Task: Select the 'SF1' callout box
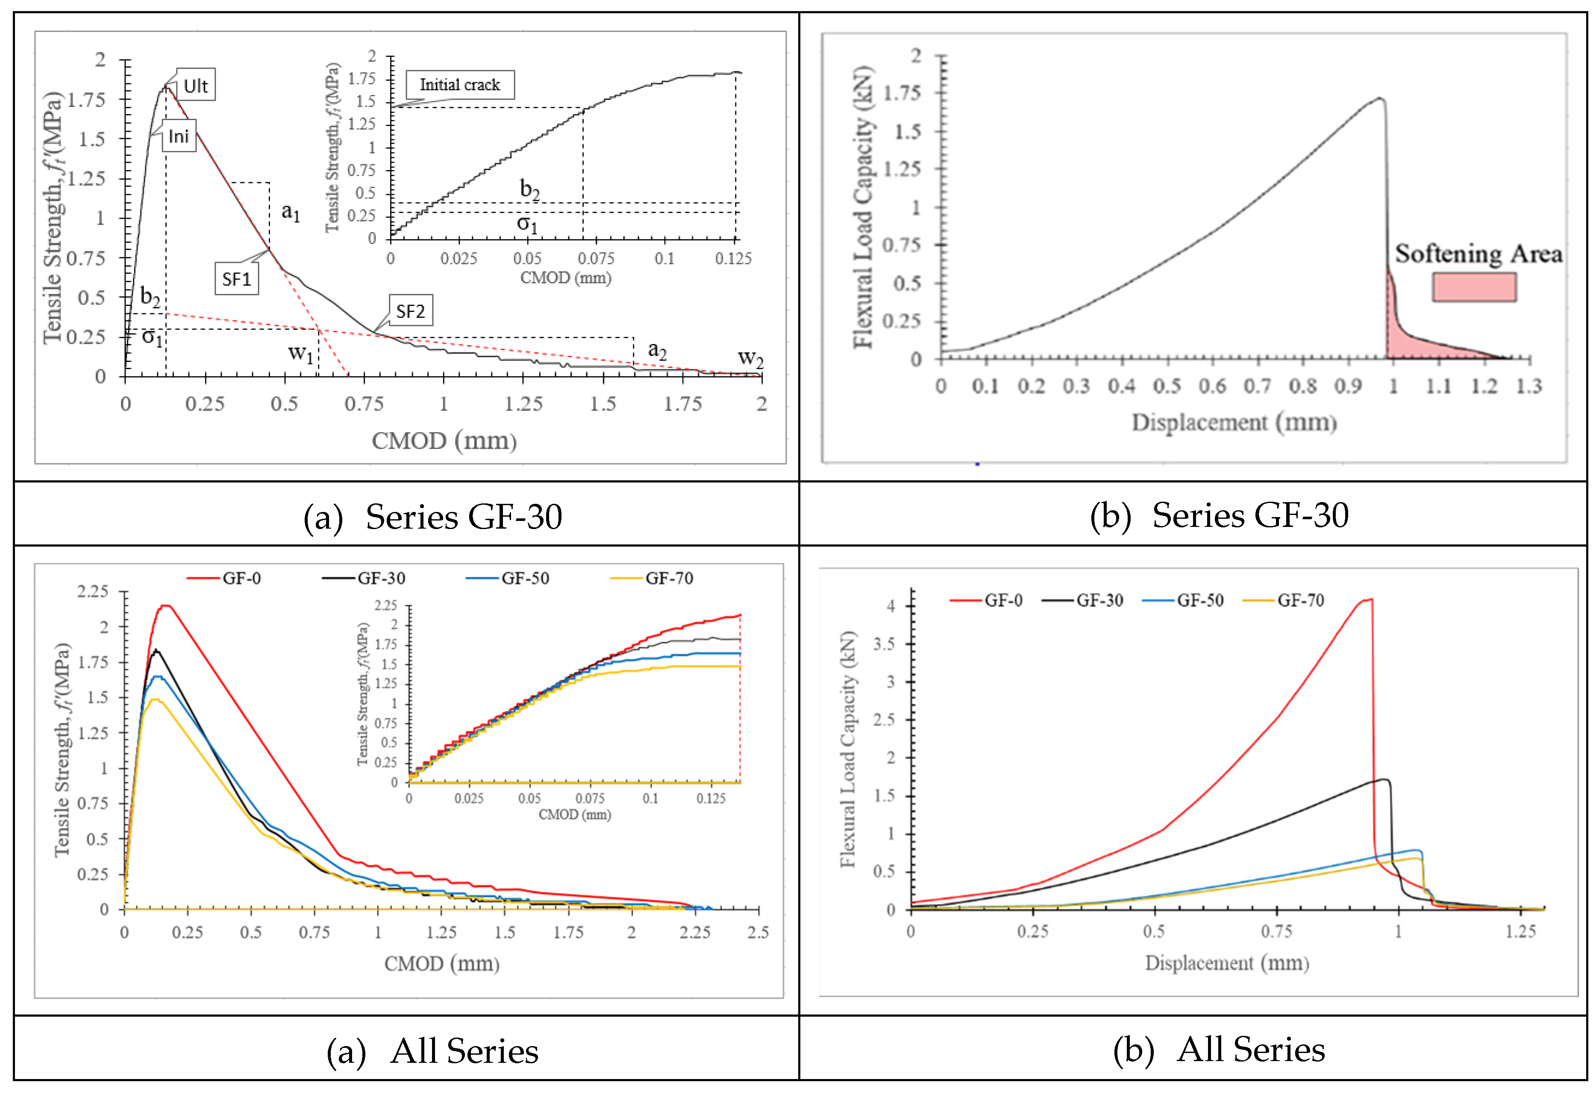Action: tap(237, 279)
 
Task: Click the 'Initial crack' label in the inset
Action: tap(459, 85)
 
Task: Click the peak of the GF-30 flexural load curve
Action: tap(1380, 99)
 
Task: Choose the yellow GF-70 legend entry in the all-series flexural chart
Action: tap(1284, 600)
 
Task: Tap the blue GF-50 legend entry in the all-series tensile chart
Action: tap(508, 578)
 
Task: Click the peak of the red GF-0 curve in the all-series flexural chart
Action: tap(1370, 600)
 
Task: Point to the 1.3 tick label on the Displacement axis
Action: tap(1529, 387)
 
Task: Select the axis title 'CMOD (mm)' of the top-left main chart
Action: tap(444, 440)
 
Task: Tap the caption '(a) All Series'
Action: tap(432, 1051)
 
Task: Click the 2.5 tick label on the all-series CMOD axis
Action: tap(758, 932)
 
